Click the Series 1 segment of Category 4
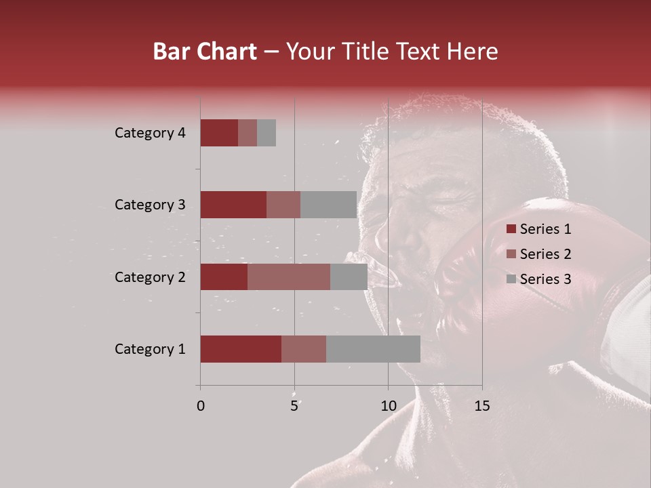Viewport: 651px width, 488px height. [219, 133]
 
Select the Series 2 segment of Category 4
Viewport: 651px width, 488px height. [248, 133]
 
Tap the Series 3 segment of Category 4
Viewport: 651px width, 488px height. [267, 133]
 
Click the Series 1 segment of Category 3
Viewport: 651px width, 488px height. [233, 205]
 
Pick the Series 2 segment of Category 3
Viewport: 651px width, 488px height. [283, 205]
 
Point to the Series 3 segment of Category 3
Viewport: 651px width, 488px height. [328, 205]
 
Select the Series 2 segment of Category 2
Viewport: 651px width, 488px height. [289, 277]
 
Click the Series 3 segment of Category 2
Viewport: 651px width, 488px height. [349, 277]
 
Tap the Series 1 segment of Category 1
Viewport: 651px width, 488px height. [241, 349]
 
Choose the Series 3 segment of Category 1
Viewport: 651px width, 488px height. [373, 349]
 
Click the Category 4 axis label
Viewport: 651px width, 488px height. [150, 133]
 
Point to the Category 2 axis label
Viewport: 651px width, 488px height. [150, 277]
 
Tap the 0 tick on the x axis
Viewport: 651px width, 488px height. [201, 406]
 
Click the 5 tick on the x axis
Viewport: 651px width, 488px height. [294, 406]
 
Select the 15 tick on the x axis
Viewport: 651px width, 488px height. [481, 406]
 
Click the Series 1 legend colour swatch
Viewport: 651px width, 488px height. [511, 229]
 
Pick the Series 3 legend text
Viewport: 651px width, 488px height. [545, 279]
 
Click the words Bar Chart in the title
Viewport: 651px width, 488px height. [205, 52]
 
